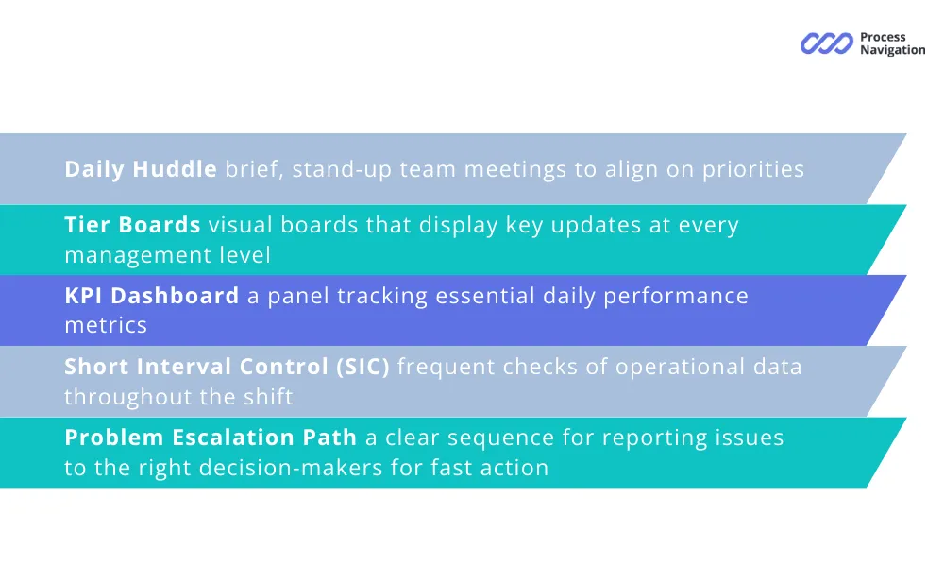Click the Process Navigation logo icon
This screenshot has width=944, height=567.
(827, 43)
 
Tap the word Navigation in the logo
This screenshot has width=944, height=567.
(893, 51)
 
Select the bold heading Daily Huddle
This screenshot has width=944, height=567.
(141, 169)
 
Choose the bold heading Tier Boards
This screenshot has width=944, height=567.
(132, 225)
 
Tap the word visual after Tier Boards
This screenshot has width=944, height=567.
(240, 225)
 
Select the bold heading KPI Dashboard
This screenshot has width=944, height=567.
(152, 296)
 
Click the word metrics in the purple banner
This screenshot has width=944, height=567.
(106, 325)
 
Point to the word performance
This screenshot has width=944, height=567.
(676, 297)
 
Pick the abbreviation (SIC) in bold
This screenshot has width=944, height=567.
(363, 367)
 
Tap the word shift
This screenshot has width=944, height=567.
(268, 397)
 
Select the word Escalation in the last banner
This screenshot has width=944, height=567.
(233, 438)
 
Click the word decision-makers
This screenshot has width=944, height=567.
(291, 468)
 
